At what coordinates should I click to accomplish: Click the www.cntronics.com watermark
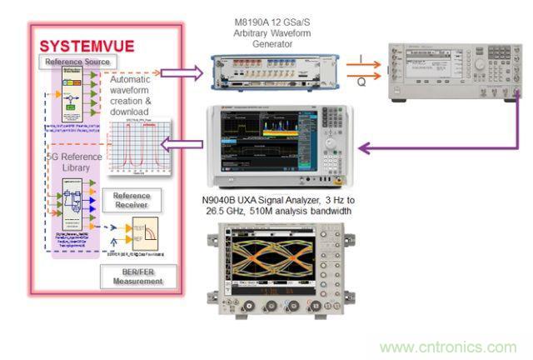448,346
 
